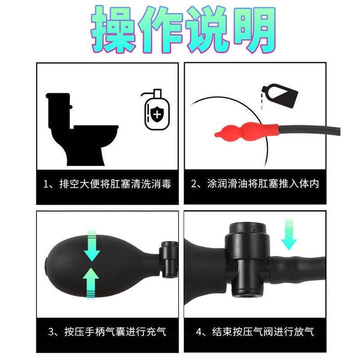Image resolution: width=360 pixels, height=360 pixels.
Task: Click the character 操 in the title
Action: [112, 29]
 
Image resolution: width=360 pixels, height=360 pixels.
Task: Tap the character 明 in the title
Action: [254, 29]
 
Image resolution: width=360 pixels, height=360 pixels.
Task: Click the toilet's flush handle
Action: [71, 107]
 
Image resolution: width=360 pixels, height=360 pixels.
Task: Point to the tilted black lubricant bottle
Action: [280, 95]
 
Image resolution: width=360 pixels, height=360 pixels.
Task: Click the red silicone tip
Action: [247, 132]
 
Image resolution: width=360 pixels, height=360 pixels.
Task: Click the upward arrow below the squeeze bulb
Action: [91, 283]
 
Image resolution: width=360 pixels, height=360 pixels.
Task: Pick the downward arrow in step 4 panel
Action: [289, 234]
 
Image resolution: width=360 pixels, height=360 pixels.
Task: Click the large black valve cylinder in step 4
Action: [247, 259]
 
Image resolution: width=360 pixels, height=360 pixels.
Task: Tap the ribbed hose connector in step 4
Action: [297, 269]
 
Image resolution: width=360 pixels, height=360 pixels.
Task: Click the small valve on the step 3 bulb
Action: [169, 259]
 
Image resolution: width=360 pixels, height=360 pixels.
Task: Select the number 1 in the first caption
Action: [46, 184]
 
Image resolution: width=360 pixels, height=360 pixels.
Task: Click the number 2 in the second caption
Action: [194, 184]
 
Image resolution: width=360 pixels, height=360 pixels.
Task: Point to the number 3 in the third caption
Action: [51, 332]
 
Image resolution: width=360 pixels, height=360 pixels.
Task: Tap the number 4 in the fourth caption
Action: [199, 332]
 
